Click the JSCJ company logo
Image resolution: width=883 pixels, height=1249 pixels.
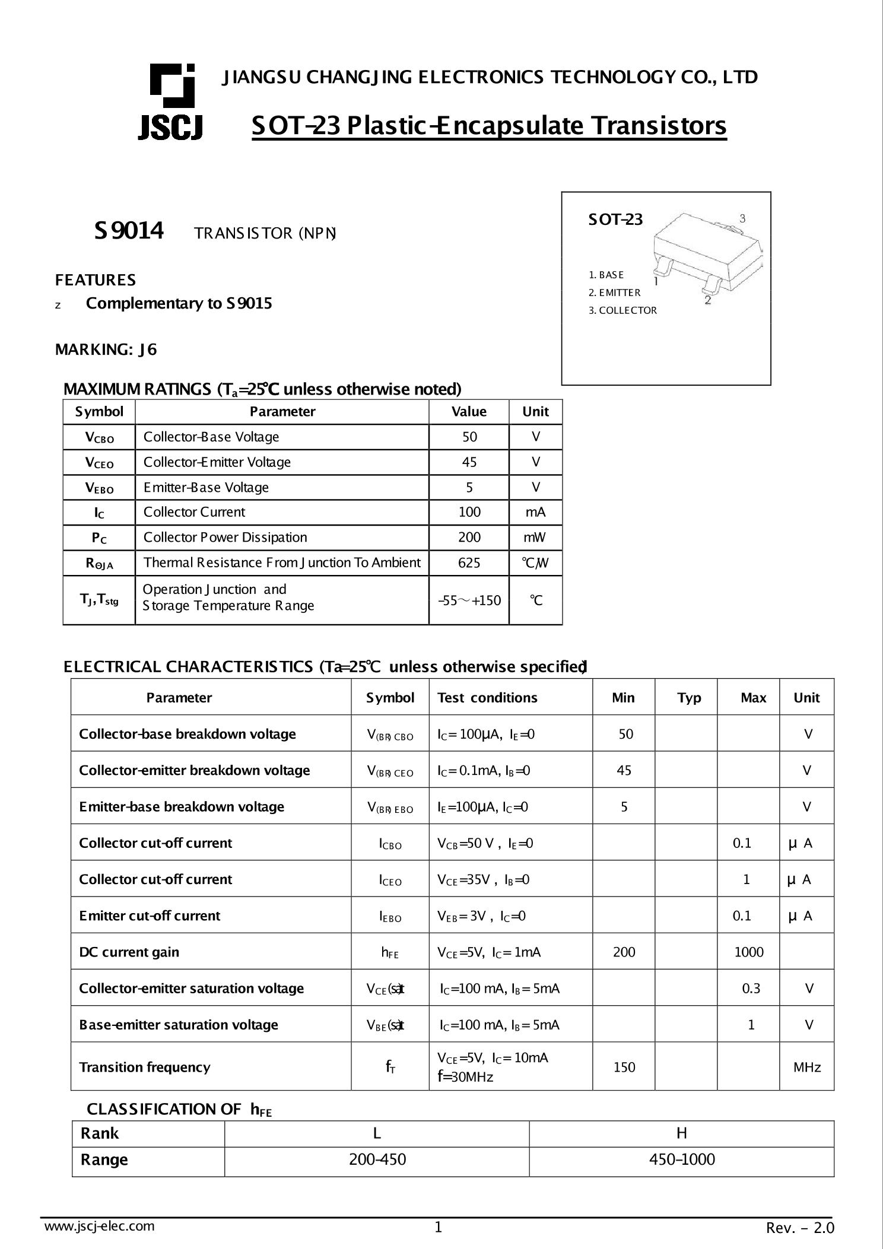171,101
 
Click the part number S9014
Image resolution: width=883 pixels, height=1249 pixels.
129,231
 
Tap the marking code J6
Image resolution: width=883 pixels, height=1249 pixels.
148,349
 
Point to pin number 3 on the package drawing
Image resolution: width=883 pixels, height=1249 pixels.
742,218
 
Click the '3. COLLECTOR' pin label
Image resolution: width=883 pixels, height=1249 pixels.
622,310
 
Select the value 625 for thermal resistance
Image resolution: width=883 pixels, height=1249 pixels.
469,562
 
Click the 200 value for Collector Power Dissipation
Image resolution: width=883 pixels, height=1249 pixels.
469,538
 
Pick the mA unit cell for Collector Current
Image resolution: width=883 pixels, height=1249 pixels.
535,512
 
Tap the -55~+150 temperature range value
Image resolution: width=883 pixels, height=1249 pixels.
469,600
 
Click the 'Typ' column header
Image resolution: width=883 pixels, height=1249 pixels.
689,698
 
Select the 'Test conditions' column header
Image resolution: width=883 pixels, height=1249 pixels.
487,698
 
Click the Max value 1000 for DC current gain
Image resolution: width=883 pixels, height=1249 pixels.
749,952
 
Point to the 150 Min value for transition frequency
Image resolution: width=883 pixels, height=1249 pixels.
624,1067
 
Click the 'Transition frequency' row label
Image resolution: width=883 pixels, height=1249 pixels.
145,1067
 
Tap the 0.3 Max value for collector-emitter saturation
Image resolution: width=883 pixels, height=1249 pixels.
751,989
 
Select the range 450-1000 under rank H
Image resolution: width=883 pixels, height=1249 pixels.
682,1159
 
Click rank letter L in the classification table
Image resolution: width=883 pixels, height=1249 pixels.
377,1133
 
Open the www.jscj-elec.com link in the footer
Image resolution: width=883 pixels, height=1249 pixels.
100,1226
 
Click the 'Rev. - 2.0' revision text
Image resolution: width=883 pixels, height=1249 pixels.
800,1228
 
